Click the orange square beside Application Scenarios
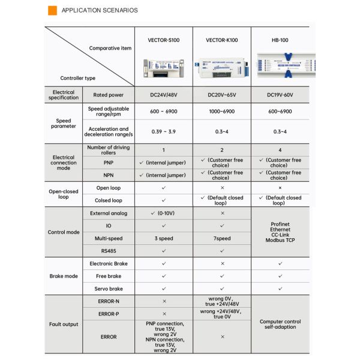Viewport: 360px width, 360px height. point(52,10)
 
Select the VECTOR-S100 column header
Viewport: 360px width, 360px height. point(163,40)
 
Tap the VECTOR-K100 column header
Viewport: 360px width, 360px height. point(221,40)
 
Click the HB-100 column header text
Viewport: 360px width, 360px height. point(280,40)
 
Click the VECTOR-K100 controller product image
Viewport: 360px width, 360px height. point(221,68)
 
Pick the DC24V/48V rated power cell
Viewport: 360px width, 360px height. point(163,95)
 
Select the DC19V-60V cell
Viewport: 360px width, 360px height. point(280,95)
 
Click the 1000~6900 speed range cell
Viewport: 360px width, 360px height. point(221,111)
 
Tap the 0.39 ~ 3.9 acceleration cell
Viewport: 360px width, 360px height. point(163,131)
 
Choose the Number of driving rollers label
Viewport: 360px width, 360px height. point(109,149)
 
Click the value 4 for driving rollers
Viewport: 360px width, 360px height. point(280,149)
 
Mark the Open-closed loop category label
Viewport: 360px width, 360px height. point(63,194)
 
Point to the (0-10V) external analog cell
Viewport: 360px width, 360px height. point(163,213)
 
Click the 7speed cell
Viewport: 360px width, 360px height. point(221,238)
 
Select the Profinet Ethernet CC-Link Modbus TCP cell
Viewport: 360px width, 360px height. point(280,232)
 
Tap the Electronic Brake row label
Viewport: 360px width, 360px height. point(109,263)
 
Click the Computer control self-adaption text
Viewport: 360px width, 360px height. point(280,324)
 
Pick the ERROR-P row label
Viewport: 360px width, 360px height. point(109,313)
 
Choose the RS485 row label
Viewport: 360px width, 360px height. point(109,251)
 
